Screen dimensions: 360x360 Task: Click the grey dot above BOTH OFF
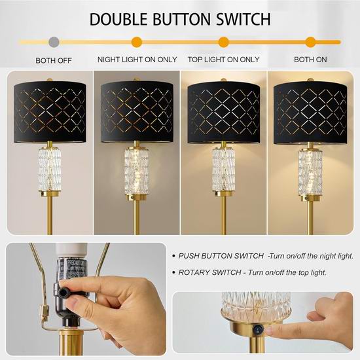point(54,43)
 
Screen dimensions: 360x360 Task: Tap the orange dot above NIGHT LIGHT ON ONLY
point(137,43)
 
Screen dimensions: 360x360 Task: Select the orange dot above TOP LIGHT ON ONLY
point(224,43)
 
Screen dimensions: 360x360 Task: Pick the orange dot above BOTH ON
point(310,43)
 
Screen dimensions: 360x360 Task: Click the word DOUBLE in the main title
point(118,19)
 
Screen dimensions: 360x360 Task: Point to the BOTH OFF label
point(54,61)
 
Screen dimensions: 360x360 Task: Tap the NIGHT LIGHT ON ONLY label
point(137,60)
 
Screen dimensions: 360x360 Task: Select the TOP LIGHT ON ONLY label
point(224,60)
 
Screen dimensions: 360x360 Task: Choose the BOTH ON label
point(310,60)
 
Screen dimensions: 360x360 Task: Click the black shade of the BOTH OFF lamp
point(50,112)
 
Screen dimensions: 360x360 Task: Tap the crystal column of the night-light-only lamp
point(137,171)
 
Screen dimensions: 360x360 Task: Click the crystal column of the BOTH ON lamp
point(310,171)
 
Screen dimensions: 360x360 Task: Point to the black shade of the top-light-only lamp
point(224,113)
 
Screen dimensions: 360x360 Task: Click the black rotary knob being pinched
point(63,292)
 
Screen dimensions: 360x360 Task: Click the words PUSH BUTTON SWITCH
point(221,256)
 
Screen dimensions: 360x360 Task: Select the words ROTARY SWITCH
point(209,272)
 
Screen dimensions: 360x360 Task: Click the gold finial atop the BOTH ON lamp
point(310,80)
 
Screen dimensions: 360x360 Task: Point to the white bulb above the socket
point(70,251)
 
